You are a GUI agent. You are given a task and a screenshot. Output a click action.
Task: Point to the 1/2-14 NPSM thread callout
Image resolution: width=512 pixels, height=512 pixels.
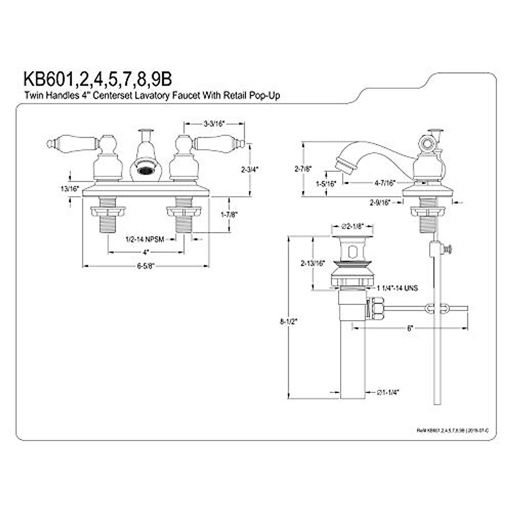click(145, 239)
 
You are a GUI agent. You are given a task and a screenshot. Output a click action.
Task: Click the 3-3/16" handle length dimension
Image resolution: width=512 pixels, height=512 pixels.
click(214, 124)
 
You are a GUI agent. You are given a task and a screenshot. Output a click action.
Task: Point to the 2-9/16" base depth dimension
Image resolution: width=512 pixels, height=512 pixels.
click(380, 203)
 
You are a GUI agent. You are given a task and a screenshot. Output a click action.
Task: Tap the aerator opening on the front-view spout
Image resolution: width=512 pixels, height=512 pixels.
click(145, 171)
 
